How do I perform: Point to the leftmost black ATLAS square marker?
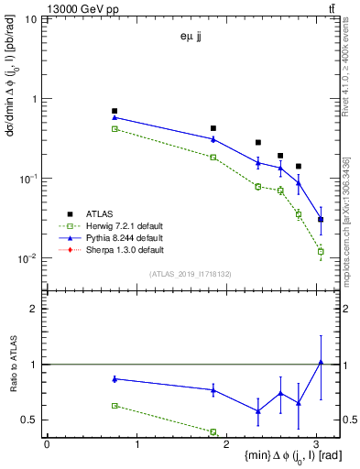[115, 111]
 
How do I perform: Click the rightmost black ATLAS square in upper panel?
[321, 220]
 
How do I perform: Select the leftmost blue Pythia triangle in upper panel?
[115, 117]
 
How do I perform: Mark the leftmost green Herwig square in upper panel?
[115, 129]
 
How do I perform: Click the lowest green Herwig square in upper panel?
[321, 251]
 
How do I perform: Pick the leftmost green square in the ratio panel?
[115, 405]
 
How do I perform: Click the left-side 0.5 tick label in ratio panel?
[30, 420]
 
